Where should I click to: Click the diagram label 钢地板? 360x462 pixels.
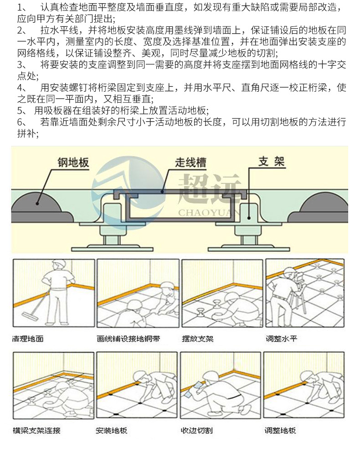[73, 163]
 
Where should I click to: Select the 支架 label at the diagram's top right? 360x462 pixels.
[272, 162]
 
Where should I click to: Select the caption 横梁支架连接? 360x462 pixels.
[36, 430]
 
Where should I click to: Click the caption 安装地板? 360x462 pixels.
[112, 430]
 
